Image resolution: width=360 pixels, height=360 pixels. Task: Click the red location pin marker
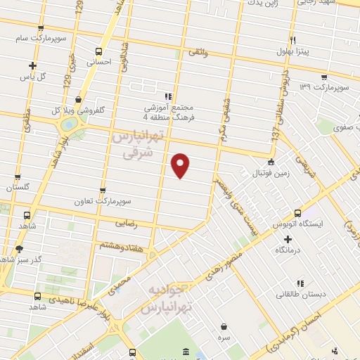[181, 165]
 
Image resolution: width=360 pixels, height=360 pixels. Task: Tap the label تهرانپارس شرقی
[139, 142]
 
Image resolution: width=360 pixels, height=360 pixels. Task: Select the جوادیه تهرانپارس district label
[167, 300]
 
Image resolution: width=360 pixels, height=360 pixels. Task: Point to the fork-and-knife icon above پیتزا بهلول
[292, 39]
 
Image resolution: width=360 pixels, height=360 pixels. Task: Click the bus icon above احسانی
[98, 51]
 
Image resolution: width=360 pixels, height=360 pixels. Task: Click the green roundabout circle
[70, 124]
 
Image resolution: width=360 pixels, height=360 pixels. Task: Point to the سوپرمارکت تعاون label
[105, 201]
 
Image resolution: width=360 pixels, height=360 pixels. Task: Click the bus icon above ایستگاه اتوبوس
[297, 212]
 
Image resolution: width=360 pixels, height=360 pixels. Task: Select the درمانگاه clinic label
[289, 250]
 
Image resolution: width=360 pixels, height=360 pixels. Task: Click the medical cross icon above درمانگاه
[288, 239]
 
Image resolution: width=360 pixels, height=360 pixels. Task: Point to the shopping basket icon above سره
[224, 327]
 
